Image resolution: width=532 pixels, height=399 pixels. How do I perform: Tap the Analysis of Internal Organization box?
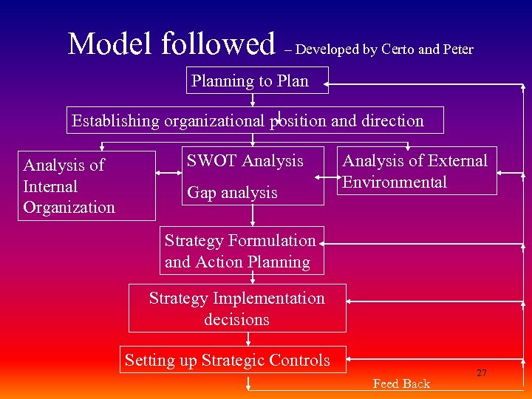pyautogui.click(x=86, y=185)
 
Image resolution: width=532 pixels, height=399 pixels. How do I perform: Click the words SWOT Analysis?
pyautogui.click(x=245, y=161)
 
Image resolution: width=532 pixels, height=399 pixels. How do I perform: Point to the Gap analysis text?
pyautogui.click(x=232, y=193)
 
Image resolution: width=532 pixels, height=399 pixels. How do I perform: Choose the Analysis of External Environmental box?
pyautogui.click(x=417, y=171)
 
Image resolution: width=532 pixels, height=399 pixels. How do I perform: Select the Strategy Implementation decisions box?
pyautogui.click(x=237, y=309)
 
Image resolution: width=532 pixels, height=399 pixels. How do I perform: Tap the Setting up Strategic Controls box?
pyautogui.click(x=227, y=361)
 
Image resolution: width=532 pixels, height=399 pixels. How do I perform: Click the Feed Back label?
pyautogui.click(x=401, y=383)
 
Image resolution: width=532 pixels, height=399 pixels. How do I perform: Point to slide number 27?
pyautogui.click(x=481, y=373)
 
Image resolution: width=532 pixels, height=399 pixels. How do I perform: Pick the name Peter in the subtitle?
pyautogui.click(x=458, y=50)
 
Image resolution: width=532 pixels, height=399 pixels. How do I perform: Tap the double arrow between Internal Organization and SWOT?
pyautogui.click(x=169, y=177)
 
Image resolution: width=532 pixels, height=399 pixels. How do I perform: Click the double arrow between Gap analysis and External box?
pyautogui.click(x=327, y=178)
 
